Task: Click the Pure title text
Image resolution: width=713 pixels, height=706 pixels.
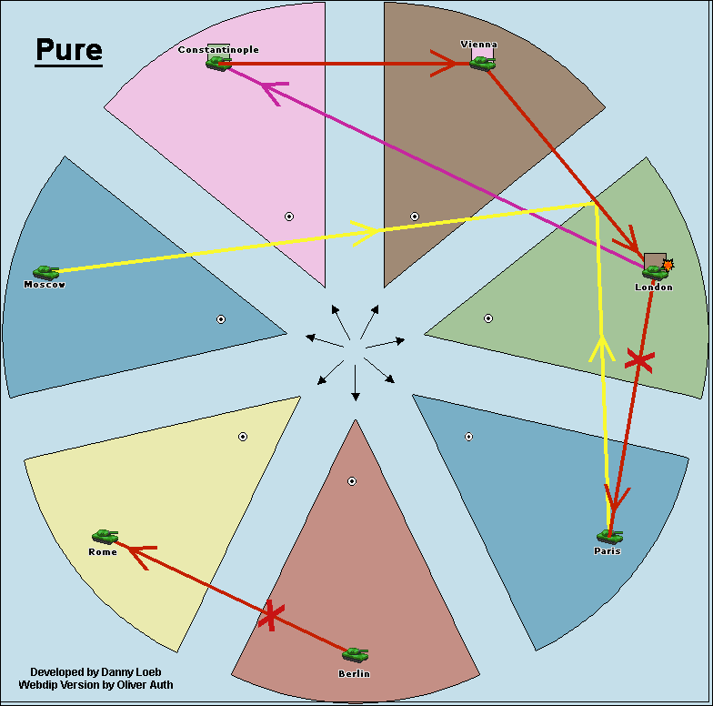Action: [69, 51]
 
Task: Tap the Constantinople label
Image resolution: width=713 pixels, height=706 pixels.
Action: [218, 49]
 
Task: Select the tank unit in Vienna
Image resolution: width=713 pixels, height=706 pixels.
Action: [482, 63]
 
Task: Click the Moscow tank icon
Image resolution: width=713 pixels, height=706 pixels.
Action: [45, 272]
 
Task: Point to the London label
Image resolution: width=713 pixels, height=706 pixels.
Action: [654, 287]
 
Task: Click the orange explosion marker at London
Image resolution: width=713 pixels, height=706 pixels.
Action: [668, 265]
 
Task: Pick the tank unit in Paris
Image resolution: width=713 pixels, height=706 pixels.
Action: [608, 536]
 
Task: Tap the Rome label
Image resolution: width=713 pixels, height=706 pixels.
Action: [103, 552]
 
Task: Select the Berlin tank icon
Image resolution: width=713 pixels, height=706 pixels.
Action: [355, 654]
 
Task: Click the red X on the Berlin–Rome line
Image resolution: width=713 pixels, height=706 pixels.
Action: [269, 617]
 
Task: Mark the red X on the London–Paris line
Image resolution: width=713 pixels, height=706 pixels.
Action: [639, 361]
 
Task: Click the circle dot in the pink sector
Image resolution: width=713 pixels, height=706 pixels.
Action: [289, 217]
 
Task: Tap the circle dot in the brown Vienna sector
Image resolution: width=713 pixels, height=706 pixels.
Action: [415, 217]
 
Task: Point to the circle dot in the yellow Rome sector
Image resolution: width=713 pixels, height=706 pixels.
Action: [243, 437]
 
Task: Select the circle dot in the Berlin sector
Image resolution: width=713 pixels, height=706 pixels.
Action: [352, 481]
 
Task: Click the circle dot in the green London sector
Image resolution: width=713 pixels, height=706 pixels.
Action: [488, 318]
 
